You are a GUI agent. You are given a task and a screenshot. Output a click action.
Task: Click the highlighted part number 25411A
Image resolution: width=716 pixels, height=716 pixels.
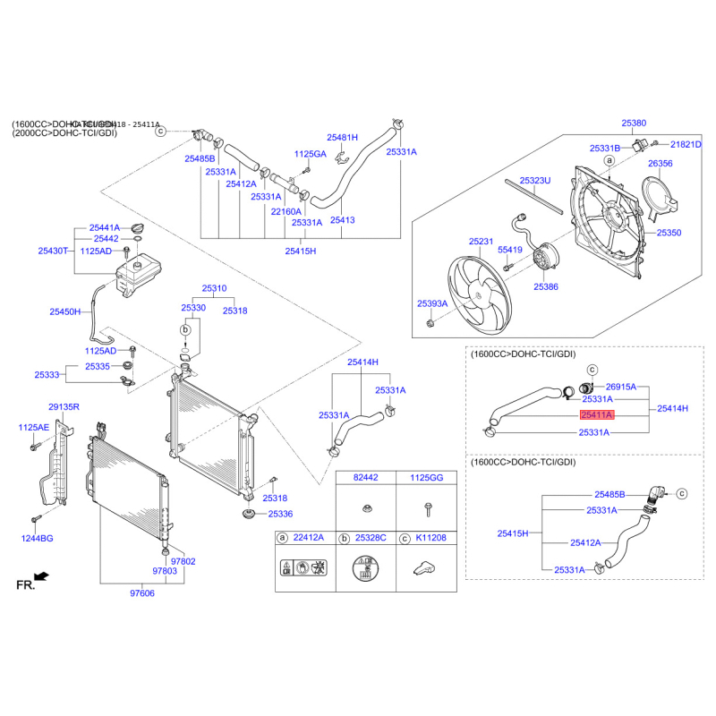point(596,415)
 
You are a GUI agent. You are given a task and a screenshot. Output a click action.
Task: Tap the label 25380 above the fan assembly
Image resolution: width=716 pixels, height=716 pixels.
point(634,124)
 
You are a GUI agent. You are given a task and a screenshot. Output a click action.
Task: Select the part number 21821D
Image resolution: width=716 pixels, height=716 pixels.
point(686,144)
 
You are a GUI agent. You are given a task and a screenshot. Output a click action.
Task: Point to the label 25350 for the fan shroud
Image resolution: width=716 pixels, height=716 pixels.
point(669,233)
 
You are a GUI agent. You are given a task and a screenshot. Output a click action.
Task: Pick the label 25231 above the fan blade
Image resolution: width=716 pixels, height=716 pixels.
point(481,242)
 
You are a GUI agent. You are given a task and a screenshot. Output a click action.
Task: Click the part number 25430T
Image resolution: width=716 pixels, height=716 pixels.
point(53,251)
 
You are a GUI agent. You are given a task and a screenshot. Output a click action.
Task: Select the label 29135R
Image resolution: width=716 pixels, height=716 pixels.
point(64,407)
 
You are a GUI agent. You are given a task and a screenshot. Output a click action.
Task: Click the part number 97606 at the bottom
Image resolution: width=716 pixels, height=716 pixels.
point(142,592)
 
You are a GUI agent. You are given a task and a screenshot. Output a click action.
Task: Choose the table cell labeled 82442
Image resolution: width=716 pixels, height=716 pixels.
point(366,480)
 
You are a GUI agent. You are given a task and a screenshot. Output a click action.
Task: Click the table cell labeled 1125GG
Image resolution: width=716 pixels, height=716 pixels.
point(426,480)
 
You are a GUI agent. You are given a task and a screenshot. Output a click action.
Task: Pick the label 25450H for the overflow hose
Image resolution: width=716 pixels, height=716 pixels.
point(64,312)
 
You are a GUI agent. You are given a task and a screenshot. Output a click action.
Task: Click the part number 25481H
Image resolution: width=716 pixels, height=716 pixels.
point(342,138)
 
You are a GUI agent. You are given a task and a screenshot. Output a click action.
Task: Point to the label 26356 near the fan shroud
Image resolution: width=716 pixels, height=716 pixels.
point(660,164)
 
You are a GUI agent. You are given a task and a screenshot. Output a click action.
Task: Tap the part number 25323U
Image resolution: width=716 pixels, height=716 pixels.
point(535,180)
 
